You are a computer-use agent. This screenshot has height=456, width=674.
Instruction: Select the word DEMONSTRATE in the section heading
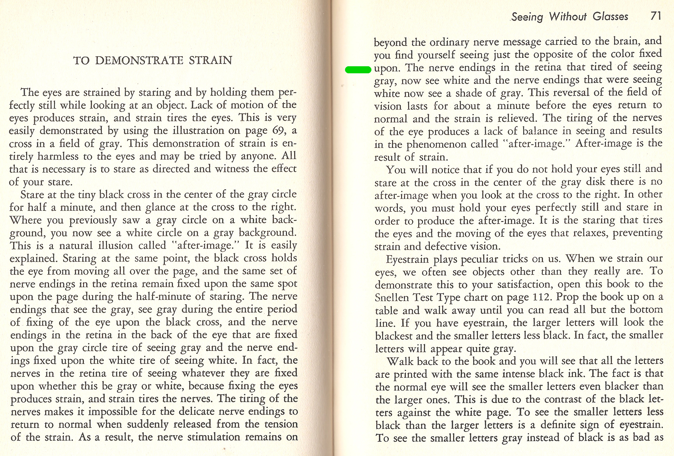click(x=139, y=60)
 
